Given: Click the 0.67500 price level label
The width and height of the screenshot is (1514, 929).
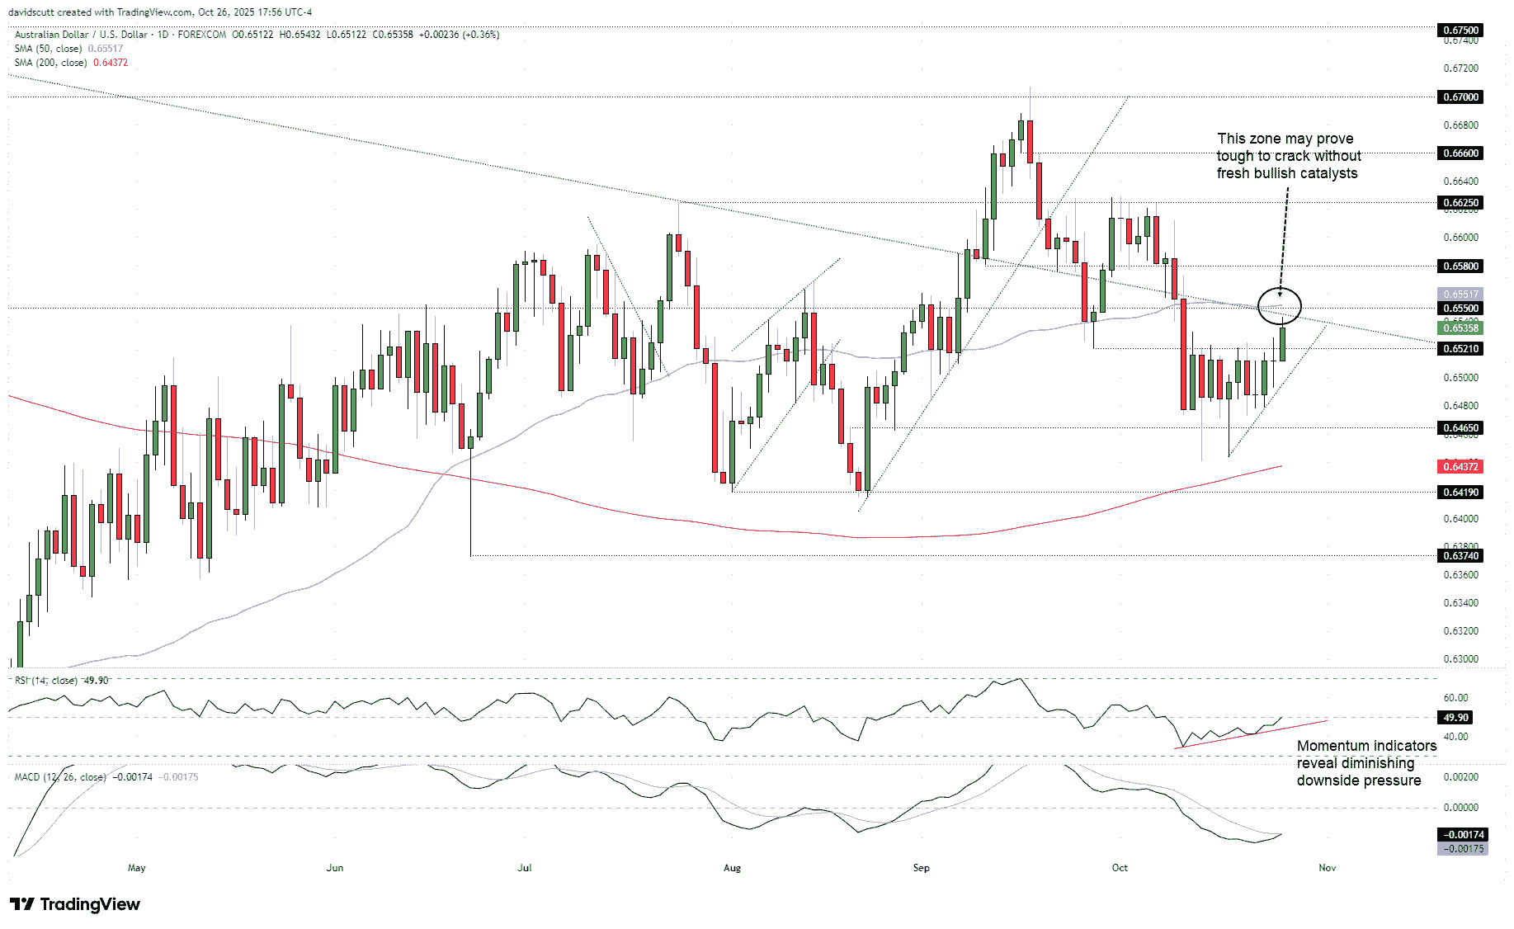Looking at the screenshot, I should [1460, 30].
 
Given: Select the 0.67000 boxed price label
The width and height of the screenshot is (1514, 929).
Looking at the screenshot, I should [1460, 97].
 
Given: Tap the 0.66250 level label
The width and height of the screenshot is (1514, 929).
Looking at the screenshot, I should [1460, 202].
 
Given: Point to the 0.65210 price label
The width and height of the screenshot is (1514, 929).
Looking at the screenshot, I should [1460, 348].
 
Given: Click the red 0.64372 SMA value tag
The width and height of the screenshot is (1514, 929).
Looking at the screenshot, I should [1460, 466].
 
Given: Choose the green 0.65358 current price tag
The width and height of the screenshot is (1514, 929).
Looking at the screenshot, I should [1460, 328].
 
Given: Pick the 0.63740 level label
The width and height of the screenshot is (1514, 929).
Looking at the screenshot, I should [1460, 555].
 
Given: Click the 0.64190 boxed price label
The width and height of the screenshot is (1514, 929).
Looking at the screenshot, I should [1460, 492].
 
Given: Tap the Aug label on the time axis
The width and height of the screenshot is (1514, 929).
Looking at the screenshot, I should [732, 867].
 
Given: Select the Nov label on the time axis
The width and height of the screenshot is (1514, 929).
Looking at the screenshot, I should [1327, 867].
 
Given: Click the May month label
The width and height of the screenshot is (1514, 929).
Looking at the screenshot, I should [137, 867].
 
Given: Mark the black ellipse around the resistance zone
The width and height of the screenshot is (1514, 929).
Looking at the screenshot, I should [1279, 306].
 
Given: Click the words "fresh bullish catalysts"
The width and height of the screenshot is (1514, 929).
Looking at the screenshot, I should [1286, 173].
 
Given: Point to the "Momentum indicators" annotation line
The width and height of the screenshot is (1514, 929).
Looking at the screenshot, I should [1366, 746].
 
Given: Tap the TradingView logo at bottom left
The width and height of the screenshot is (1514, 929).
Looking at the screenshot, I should [75, 904].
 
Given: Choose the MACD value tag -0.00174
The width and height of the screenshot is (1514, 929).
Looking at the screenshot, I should [1464, 834].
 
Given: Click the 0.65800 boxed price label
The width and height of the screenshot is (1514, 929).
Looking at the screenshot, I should [1460, 266].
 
